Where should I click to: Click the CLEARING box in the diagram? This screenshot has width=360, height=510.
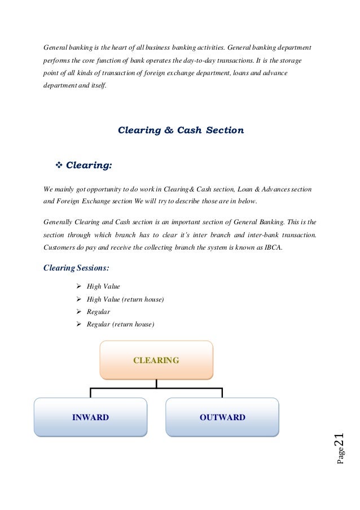[156, 360]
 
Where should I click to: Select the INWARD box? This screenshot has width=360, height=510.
[90, 417]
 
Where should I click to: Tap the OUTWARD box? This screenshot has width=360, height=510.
[222, 417]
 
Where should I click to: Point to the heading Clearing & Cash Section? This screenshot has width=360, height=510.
[181, 130]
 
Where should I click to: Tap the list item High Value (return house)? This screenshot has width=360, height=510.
[125, 299]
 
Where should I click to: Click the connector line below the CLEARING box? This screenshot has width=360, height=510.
[156, 383]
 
